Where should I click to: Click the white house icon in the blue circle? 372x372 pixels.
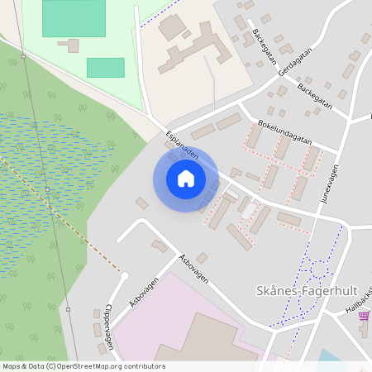click(186, 179)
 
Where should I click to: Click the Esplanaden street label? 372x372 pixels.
click(182, 145)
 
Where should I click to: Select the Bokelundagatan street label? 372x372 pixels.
click(284, 131)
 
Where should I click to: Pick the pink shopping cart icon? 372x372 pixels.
click(365, 328)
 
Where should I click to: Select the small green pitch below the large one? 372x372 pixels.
click(105, 68)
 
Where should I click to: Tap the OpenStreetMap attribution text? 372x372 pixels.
click(83, 366)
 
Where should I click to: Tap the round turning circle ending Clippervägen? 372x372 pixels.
click(125, 276)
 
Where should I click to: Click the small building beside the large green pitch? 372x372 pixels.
click(74, 45)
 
